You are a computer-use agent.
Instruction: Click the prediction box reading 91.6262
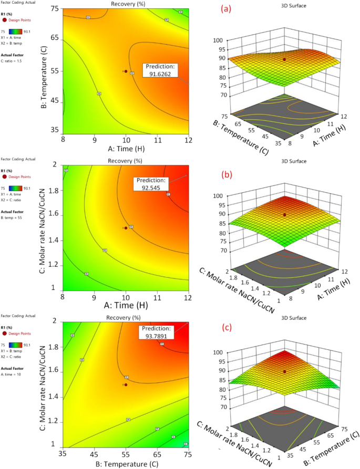coord(161,71)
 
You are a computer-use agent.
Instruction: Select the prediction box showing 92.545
coord(153,183)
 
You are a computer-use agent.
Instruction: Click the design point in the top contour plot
coord(126,71)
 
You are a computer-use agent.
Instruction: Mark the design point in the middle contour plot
coord(126,228)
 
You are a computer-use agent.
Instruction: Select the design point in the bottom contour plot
coord(126,384)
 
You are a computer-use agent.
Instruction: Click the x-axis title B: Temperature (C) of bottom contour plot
coord(126,465)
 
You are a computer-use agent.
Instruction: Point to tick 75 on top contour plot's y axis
coord(55,9)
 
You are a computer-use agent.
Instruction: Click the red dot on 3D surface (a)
coord(284,60)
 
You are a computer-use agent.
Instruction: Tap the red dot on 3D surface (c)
coord(284,371)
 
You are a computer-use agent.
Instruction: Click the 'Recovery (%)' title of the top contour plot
coord(126,4)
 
